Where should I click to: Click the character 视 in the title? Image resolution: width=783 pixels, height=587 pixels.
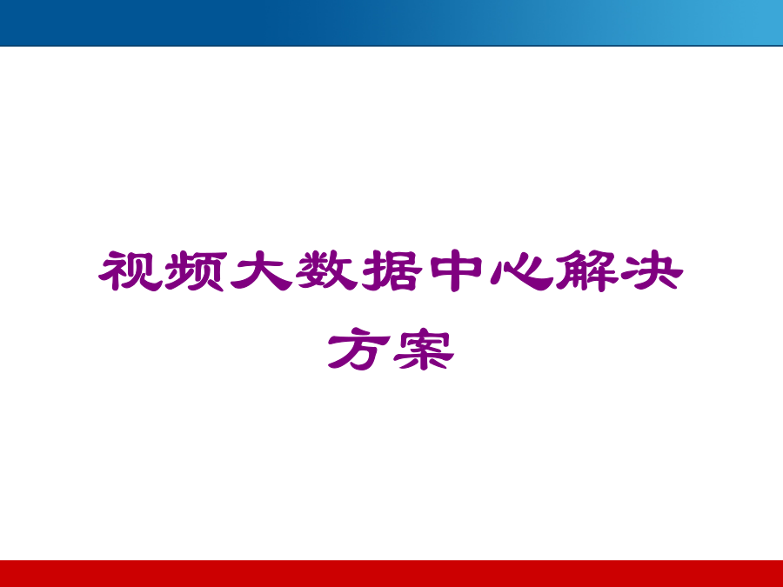[x=130, y=270]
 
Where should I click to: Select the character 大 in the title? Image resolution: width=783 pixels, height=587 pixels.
[x=261, y=270]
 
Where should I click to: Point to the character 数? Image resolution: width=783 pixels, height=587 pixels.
[x=326, y=270]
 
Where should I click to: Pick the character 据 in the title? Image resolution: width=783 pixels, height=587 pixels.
[x=392, y=270]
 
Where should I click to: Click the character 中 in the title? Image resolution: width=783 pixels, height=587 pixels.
[x=457, y=271]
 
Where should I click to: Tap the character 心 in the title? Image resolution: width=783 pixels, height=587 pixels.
[x=521, y=271]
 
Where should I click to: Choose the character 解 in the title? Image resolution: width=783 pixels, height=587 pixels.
[x=587, y=270]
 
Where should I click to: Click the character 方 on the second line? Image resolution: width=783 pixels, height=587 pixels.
[x=358, y=349]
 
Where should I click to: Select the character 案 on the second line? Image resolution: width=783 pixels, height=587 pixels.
[x=424, y=349]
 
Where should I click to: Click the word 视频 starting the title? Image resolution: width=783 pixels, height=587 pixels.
[x=163, y=270]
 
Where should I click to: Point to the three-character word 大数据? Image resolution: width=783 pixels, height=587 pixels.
[x=326, y=270]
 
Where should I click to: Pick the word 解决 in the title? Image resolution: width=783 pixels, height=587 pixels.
[x=619, y=270]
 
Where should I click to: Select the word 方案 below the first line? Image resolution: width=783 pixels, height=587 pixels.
[x=391, y=349]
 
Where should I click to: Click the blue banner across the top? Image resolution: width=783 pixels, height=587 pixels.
[x=391, y=23]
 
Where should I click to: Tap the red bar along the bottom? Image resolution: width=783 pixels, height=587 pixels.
[x=391, y=574]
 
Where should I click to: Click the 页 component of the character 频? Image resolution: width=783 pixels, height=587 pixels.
[x=211, y=271]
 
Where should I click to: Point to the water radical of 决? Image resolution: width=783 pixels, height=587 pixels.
[x=630, y=271]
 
